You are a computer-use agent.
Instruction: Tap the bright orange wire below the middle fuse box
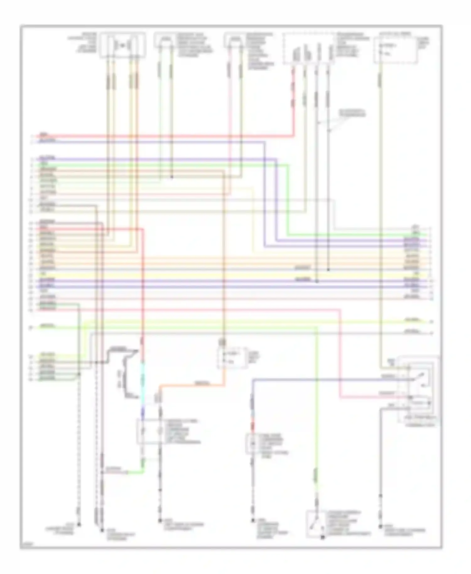pos(192,384)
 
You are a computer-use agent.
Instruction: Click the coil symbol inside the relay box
pos(419,402)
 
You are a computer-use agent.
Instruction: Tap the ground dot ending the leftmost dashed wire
pos(79,524)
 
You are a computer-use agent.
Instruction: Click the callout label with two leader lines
pos(352,113)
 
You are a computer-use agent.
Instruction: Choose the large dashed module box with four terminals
pos(309,49)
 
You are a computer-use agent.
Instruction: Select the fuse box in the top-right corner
pos(396,50)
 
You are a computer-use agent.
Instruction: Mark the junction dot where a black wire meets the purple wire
pos(317,281)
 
